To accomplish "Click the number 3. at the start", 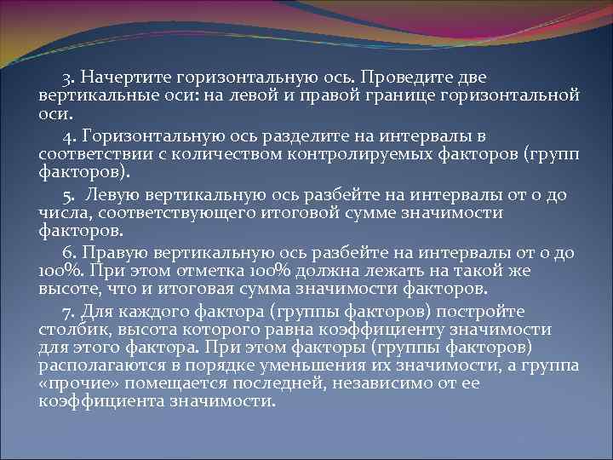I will tap(67, 78).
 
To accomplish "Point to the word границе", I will tap(398, 94).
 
